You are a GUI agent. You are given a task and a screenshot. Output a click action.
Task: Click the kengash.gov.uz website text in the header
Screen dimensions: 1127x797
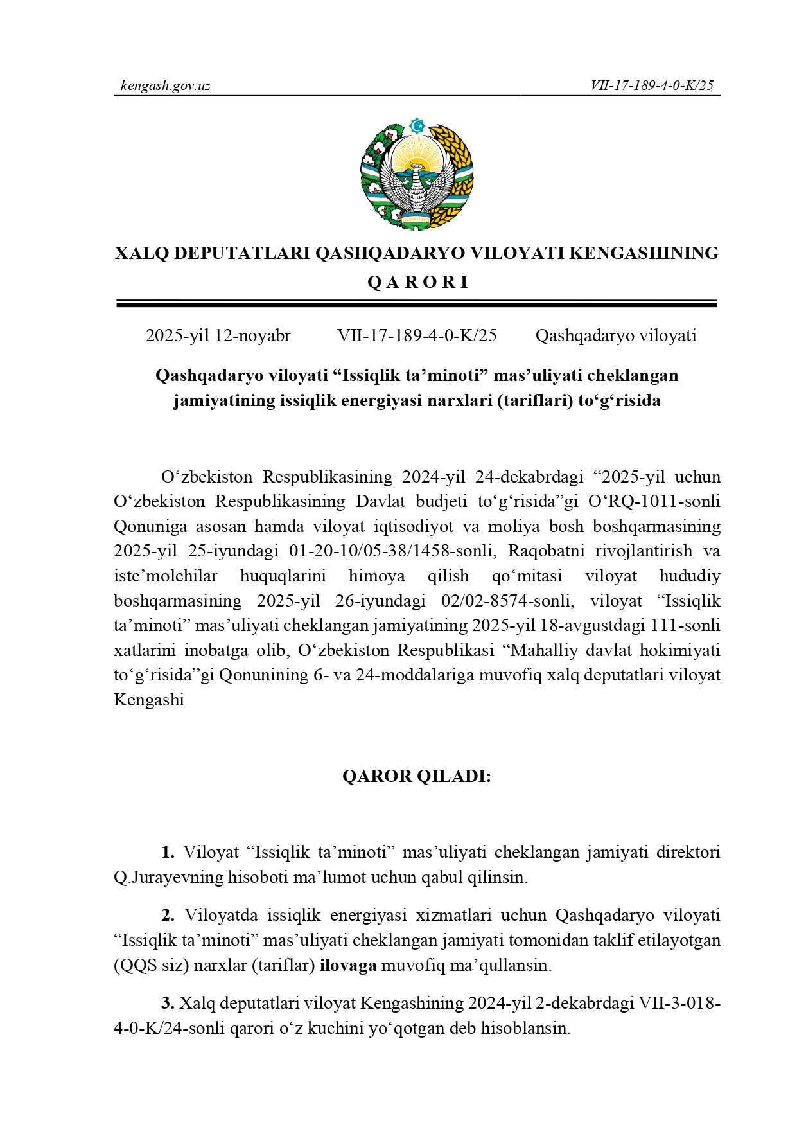click(165, 85)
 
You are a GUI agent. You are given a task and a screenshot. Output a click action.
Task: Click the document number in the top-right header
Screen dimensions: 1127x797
click(652, 85)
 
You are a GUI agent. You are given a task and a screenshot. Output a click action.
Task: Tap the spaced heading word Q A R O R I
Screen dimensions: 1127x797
click(417, 282)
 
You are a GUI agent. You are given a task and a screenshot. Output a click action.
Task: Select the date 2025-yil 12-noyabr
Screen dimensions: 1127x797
click(218, 335)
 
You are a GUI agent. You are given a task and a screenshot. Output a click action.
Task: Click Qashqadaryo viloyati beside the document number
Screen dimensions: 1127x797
click(615, 335)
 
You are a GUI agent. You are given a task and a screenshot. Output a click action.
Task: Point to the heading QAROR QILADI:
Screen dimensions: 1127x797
click(416, 776)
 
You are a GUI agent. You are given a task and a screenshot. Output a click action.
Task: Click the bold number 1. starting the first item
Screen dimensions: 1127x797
click(168, 852)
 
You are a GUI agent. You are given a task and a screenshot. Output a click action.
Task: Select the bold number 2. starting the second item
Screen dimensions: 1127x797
click(168, 915)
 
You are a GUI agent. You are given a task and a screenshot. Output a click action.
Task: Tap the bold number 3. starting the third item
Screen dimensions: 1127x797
click(168, 1003)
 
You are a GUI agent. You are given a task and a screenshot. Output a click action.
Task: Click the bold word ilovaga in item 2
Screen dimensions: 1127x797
click(347, 965)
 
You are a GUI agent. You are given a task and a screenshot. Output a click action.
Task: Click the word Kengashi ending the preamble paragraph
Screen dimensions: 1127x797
click(148, 700)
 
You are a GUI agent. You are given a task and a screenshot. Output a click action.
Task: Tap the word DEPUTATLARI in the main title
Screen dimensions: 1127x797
click(241, 253)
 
